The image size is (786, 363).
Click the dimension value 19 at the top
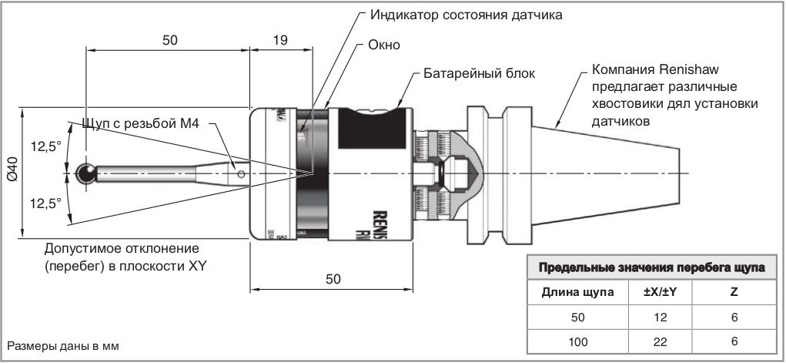pos(281,41)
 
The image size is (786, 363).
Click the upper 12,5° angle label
pos(45,146)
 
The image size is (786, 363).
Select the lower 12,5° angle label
pos(45,203)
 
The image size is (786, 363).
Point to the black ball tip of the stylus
pos(86,174)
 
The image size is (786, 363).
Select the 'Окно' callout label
pos(384,45)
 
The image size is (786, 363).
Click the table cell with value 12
pos(659,317)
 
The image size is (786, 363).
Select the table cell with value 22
pos(659,341)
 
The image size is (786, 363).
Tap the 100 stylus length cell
pos(578,341)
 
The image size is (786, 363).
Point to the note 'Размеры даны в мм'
pos(64,345)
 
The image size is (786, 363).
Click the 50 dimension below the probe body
pos(333,280)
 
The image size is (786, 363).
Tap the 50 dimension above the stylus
pos(170,41)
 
